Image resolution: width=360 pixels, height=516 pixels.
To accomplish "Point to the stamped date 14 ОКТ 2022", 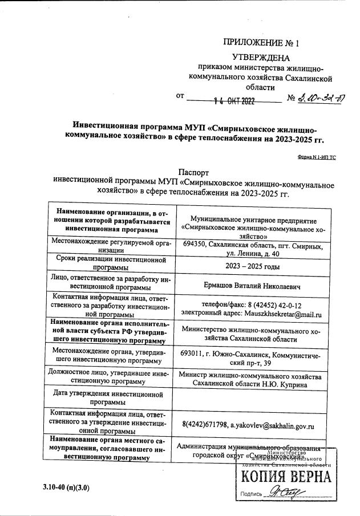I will (233, 101).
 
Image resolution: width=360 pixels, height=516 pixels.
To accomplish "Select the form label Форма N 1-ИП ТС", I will (317, 156).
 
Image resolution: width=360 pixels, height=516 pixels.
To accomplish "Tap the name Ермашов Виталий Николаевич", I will (252, 286).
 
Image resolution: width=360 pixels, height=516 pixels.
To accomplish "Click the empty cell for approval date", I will (252, 397).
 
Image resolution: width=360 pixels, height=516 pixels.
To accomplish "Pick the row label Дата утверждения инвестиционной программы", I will (108, 397).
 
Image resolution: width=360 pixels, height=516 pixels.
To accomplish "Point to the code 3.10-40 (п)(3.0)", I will (66, 489).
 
